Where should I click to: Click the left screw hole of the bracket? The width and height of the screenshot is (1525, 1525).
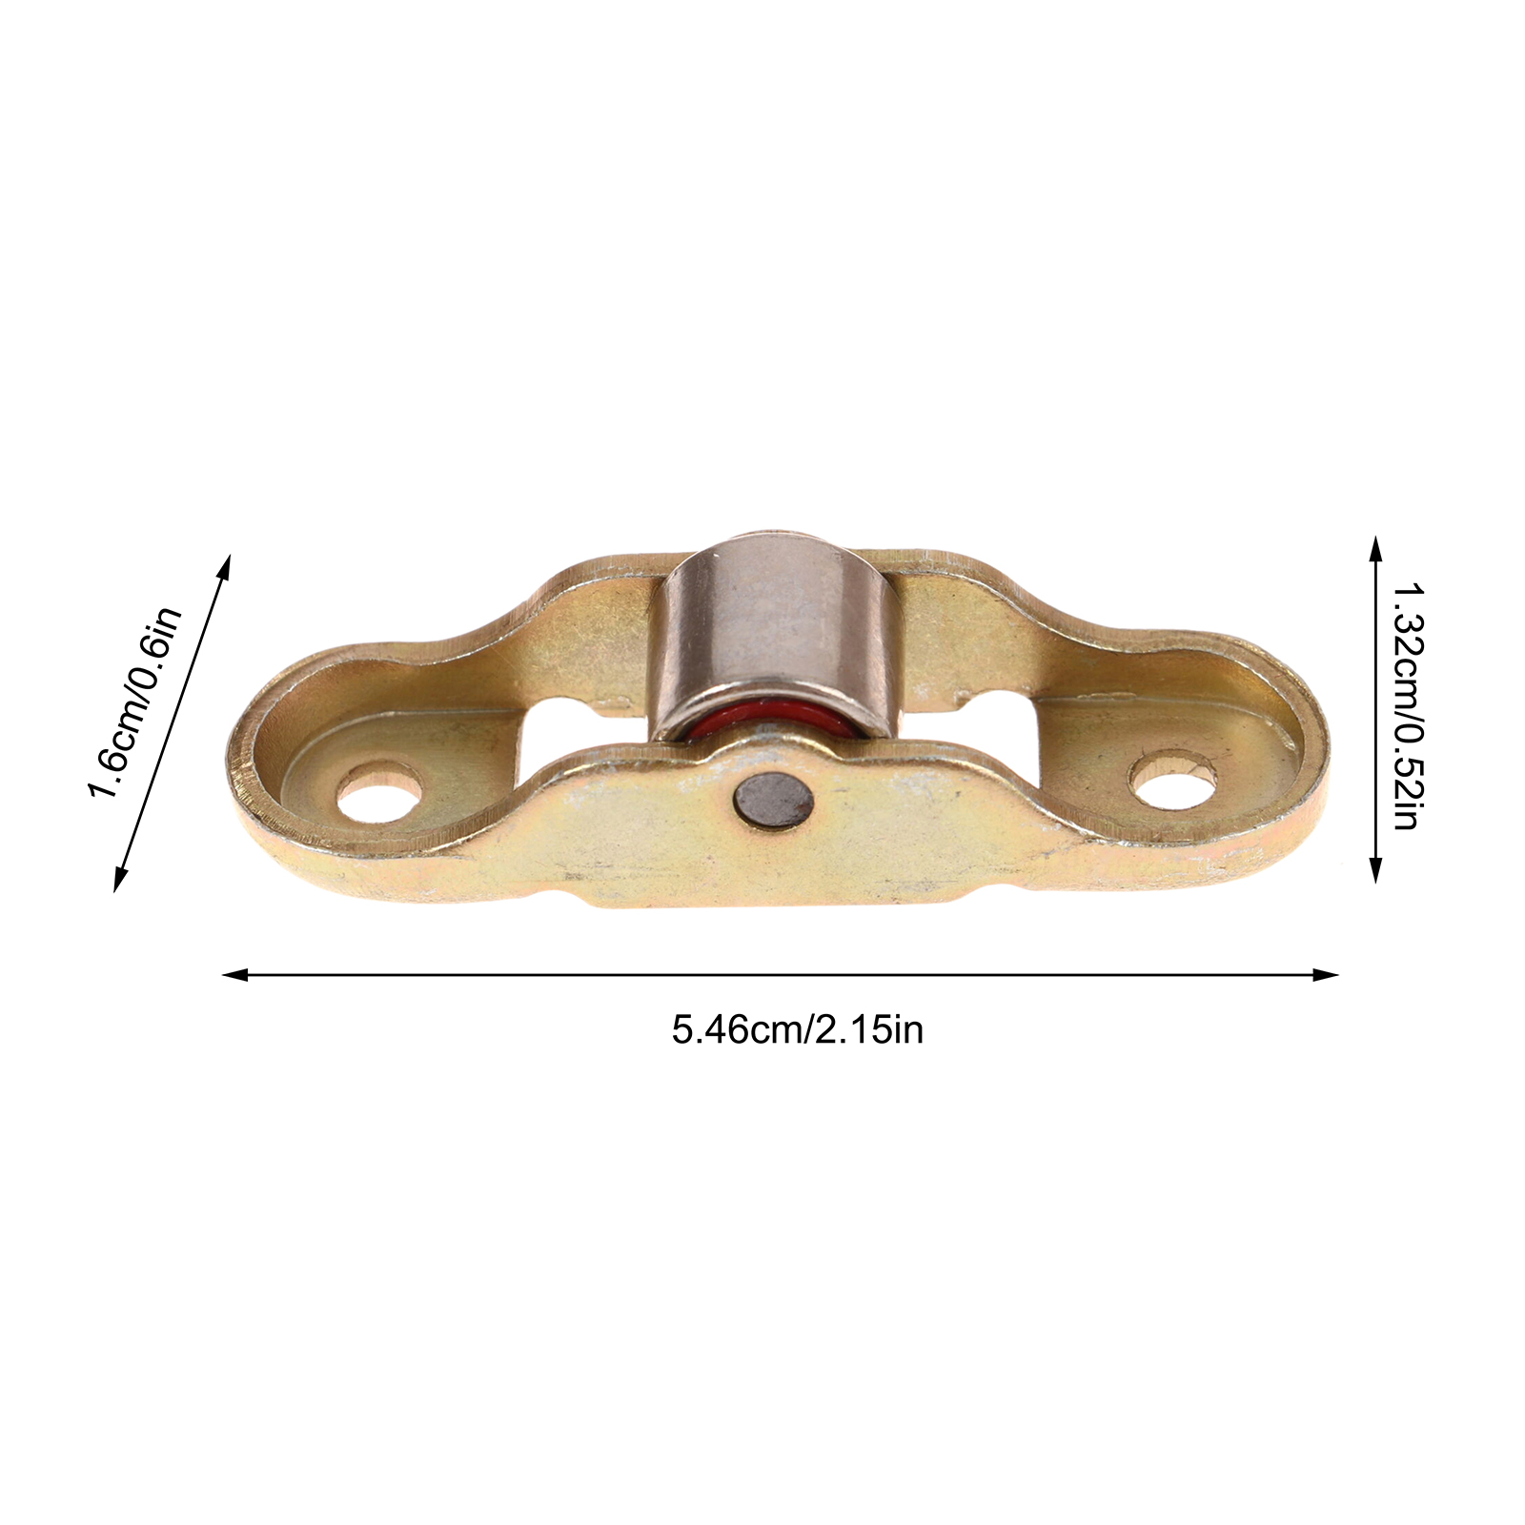[x=379, y=790]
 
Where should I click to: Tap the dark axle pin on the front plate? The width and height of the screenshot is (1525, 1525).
[x=774, y=800]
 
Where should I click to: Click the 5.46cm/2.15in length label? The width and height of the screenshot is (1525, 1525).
[x=798, y=1030]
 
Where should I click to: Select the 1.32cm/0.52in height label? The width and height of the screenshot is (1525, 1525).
[x=1407, y=706]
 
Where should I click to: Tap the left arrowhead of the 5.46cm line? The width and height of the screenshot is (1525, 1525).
[x=234, y=974]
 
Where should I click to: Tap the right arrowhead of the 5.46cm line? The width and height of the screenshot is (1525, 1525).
[x=1327, y=974]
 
